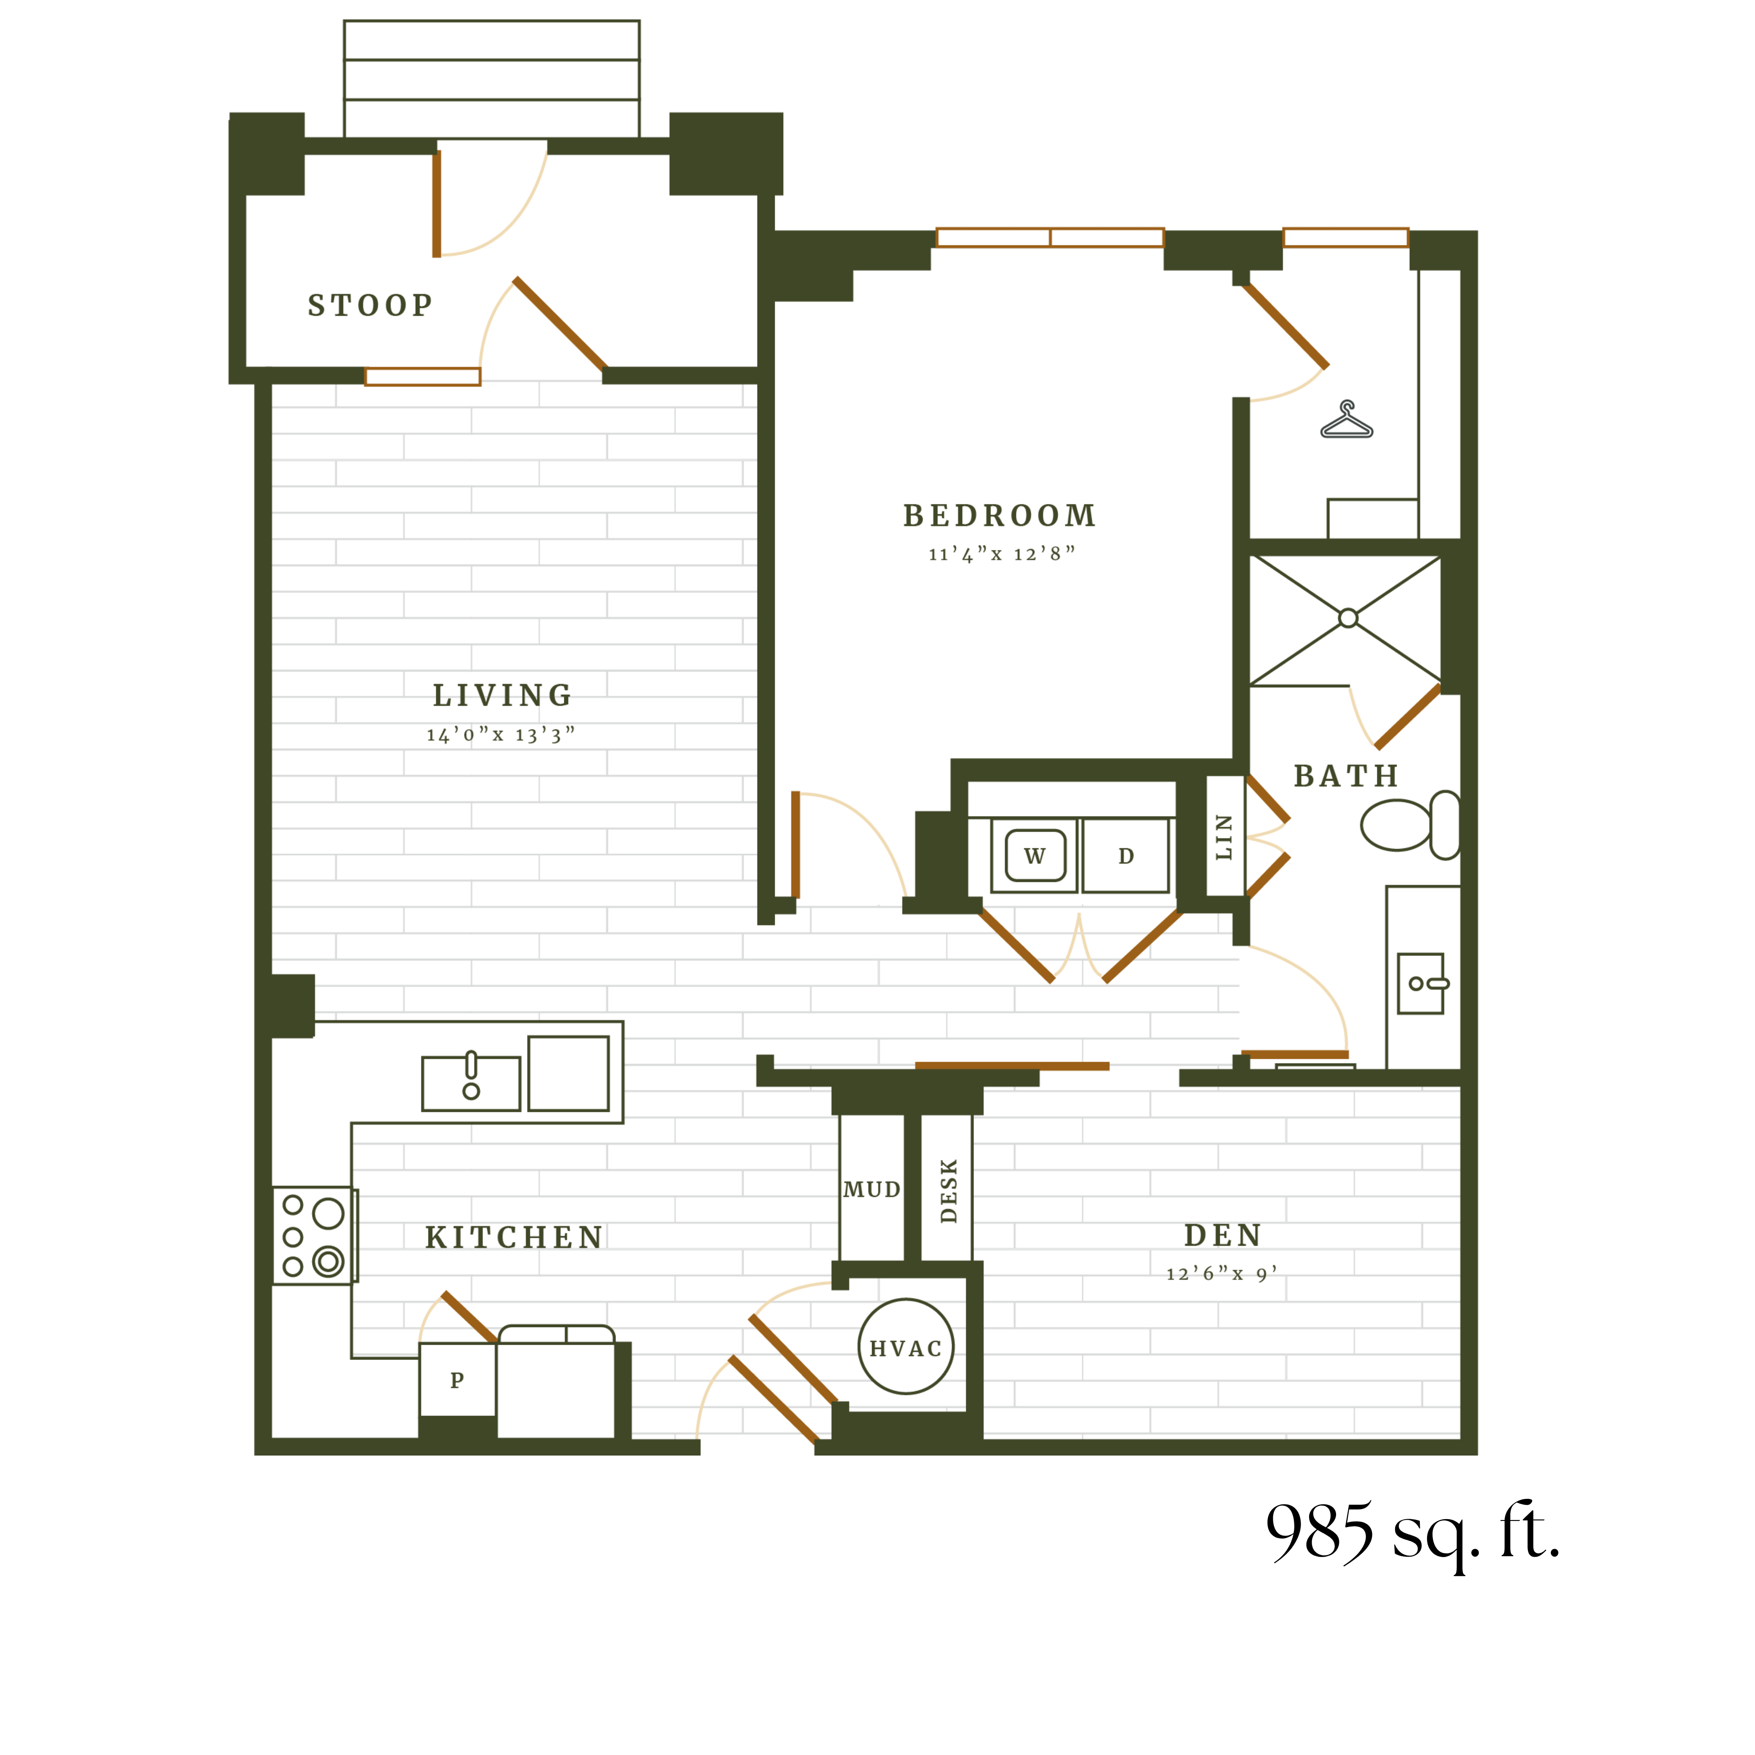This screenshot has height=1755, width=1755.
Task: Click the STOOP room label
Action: pyautogui.click(x=370, y=305)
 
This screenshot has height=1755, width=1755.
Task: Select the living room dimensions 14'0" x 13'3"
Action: pyautogui.click(x=501, y=735)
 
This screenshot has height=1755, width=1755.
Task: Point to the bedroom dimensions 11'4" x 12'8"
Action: pyautogui.click(x=1001, y=554)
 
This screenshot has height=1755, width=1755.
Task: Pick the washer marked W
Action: pyautogui.click(x=1035, y=856)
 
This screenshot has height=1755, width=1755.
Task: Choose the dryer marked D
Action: pyautogui.click(x=1126, y=856)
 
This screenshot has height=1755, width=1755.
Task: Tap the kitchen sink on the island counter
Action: pyautogui.click(x=471, y=1083)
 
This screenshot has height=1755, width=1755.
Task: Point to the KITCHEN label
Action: pyautogui.click(x=514, y=1237)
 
